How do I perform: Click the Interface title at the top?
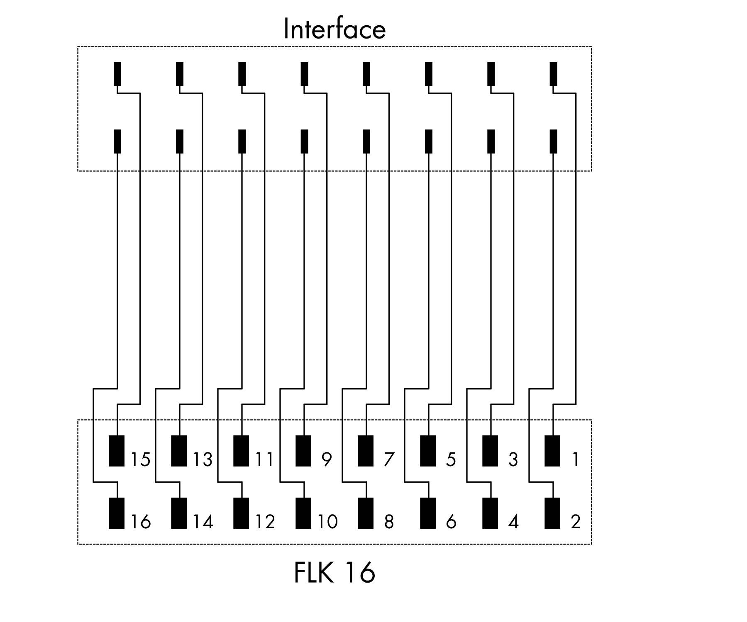click(334, 29)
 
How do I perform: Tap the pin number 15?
click(141, 459)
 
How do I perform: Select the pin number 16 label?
click(141, 522)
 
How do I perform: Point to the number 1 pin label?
click(575, 459)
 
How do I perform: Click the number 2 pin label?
click(575, 522)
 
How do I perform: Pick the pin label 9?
click(327, 459)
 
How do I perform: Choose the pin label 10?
click(328, 522)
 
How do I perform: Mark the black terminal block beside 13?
click(179, 451)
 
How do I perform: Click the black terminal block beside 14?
click(179, 513)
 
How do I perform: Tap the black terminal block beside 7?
click(366, 451)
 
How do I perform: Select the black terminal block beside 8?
click(366, 513)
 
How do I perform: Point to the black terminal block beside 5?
click(428, 451)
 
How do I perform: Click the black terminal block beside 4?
click(490, 513)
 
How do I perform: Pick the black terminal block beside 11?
click(241, 451)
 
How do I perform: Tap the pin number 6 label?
click(451, 522)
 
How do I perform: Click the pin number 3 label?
click(513, 459)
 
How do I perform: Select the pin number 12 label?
click(265, 522)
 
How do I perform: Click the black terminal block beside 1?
click(552, 451)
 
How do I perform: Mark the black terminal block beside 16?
click(117, 513)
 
